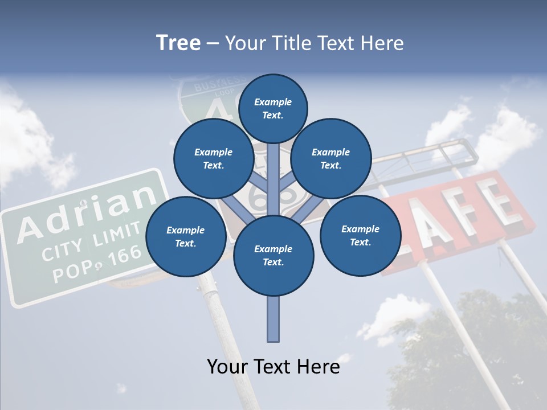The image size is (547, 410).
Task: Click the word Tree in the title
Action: click(x=178, y=43)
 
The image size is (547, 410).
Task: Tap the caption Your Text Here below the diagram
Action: click(x=273, y=366)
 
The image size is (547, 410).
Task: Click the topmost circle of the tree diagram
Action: click(x=273, y=108)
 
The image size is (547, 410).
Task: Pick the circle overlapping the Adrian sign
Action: click(x=185, y=236)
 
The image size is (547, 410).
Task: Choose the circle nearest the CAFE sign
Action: click(x=360, y=235)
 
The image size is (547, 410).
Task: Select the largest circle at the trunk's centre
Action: click(x=273, y=256)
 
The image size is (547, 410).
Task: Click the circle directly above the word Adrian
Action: click(x=213, y=158)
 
